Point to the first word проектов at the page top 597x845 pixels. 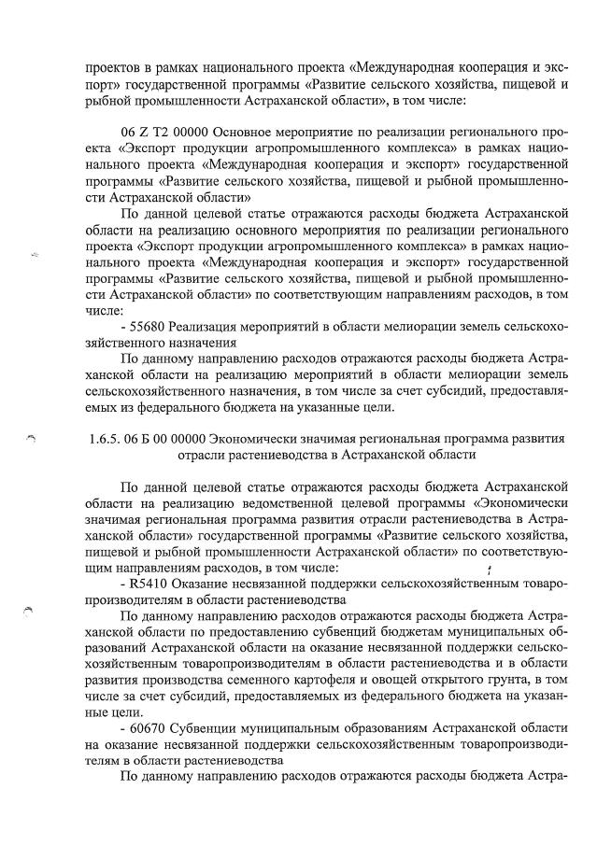point(114,67)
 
